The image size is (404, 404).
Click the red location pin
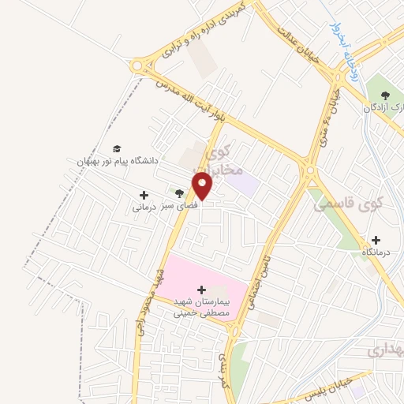click(x=204, y=185)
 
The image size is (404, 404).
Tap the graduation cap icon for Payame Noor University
click(x=117, y=148)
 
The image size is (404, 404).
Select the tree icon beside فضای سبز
click(x=180, y=193)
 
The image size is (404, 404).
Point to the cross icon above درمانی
click(x=144, y=195)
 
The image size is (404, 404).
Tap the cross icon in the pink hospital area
click(x=201, y=290)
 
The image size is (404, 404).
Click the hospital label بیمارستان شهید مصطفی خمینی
click(x=201, y=307)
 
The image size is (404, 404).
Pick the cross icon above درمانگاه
click(x=376, y=240)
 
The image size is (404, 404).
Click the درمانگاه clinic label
click(x=376, y=252)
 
